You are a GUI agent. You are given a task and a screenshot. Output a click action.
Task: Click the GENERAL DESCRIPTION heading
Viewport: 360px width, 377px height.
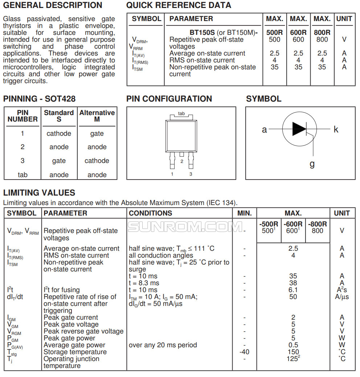coord(53,5)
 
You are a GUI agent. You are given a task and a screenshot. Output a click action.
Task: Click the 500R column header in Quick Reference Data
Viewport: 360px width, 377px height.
coord(274,32)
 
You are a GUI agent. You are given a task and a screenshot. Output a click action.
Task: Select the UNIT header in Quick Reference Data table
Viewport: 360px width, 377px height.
coord(344,19)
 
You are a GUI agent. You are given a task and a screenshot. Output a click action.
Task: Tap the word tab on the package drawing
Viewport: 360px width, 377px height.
coord(181,114)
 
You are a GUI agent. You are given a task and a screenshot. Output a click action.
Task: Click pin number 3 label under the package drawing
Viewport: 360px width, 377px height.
coord(191,174)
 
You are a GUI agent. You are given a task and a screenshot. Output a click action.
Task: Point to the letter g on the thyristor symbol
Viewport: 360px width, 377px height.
coord(312,164)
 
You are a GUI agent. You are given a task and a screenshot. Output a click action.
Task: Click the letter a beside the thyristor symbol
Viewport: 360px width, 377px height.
coord(264,130)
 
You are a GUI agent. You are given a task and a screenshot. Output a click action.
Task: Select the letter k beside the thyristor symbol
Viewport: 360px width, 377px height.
coord(336,130)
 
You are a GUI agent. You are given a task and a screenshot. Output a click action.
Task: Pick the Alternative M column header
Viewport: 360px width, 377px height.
coord(97,116)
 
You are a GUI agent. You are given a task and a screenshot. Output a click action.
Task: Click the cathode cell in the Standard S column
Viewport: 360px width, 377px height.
coord(59,134)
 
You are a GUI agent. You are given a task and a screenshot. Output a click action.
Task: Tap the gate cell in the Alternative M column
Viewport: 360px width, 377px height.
coord(97,134)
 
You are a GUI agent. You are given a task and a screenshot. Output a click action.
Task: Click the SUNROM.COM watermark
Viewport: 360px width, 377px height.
coord(185,227)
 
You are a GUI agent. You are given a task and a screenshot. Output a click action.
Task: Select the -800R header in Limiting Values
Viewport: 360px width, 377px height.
coord(317,224)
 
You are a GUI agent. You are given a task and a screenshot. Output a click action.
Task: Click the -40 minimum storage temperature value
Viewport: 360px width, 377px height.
coord(244,352)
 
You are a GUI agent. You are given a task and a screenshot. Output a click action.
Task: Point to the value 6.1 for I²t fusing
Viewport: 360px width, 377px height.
coord(293,290)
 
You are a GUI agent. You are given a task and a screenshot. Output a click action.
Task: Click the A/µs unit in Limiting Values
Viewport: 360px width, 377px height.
coord(342,297)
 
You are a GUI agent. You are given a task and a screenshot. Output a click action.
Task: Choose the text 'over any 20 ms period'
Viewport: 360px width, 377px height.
coord(163,345)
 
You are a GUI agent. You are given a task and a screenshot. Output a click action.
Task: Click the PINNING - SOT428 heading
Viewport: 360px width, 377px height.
coord(39,99)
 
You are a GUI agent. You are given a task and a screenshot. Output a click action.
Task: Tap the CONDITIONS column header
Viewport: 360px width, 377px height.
coord(150,213)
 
